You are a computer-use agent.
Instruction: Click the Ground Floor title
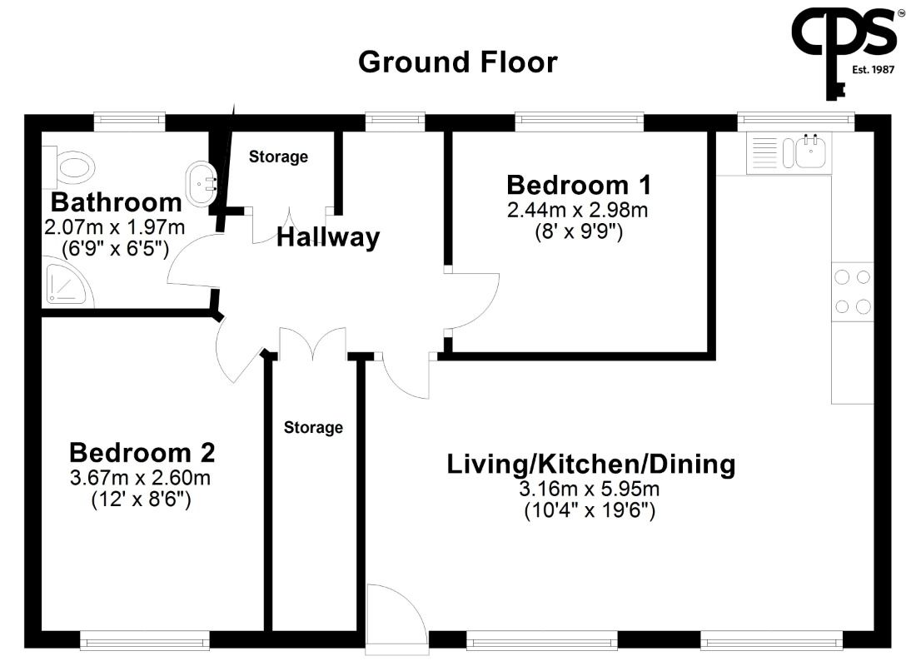coord(457,62)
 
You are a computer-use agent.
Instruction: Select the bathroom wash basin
coord(202,184)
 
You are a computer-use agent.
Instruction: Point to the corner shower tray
coord(67,285)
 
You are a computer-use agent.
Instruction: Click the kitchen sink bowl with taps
coord(811,152)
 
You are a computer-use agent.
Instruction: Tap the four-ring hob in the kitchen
coord(853,291)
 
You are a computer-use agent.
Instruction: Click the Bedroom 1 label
coord(579,185)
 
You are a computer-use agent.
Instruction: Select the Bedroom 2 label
coord(142,453)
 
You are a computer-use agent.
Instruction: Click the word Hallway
coord(328,238)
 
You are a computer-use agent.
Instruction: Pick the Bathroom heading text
coord(117,202)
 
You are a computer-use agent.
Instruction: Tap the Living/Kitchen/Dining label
coord(590,464)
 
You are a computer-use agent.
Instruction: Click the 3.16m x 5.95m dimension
coord(590,489)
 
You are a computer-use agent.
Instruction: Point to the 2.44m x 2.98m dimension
coord(577,210)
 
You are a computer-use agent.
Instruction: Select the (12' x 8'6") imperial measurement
coord(142,500)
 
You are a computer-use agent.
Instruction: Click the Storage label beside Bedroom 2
coord(313,428)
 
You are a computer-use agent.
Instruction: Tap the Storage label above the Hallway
coord(278,157)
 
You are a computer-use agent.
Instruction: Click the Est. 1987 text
coord(873,70)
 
